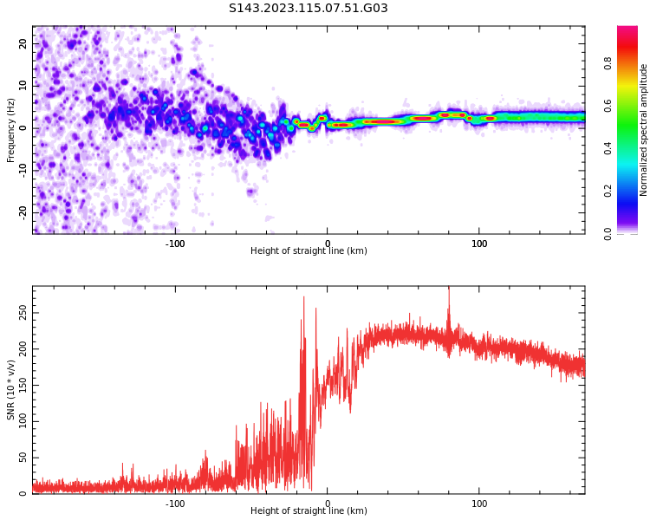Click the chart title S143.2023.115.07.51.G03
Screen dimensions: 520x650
[x=309, y=9]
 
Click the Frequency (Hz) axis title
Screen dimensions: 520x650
[x=11, y=130]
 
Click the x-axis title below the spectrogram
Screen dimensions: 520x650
[x=309, y=251]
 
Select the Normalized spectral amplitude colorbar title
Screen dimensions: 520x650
[x=644, y=130]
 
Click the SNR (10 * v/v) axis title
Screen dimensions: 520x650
[x=11, y=390]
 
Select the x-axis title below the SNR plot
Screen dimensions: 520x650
[x=309, y=511]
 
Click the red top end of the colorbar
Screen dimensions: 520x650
[x=627, y=31]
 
